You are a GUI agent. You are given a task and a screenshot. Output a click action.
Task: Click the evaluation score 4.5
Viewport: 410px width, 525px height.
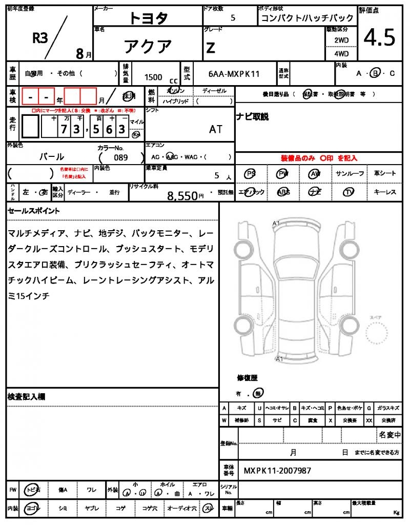[379, 38]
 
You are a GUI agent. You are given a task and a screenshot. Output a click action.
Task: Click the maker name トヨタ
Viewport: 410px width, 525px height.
[148, 18]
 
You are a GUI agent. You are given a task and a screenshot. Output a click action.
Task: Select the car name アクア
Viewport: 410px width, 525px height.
[148, 47]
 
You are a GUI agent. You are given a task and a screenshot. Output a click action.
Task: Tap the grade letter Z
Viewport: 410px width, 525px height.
[210, 48]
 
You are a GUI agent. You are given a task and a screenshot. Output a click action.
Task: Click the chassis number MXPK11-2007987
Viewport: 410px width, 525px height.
[277, 471]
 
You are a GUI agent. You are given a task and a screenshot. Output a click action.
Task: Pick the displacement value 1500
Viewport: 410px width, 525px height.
[153, 77]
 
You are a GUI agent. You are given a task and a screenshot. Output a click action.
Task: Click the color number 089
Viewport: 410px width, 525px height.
[121, 157]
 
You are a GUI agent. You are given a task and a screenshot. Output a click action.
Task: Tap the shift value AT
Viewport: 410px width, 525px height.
[216, 129]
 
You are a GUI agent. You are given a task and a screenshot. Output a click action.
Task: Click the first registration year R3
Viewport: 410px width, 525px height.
[40, 38]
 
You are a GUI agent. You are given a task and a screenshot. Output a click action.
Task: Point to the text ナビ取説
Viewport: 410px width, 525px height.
[252, 117]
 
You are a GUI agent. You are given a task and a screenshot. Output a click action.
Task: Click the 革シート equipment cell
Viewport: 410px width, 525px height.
[385, 174]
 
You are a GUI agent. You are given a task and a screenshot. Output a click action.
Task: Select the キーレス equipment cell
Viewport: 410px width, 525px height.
[385, 192]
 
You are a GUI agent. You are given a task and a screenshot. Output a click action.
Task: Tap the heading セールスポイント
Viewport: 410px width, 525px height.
[34, 211]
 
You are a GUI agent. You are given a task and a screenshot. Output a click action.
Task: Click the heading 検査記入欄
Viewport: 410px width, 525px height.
[27, 397]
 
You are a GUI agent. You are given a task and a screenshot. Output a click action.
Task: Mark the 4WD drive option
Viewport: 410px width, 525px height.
[341, 54]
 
